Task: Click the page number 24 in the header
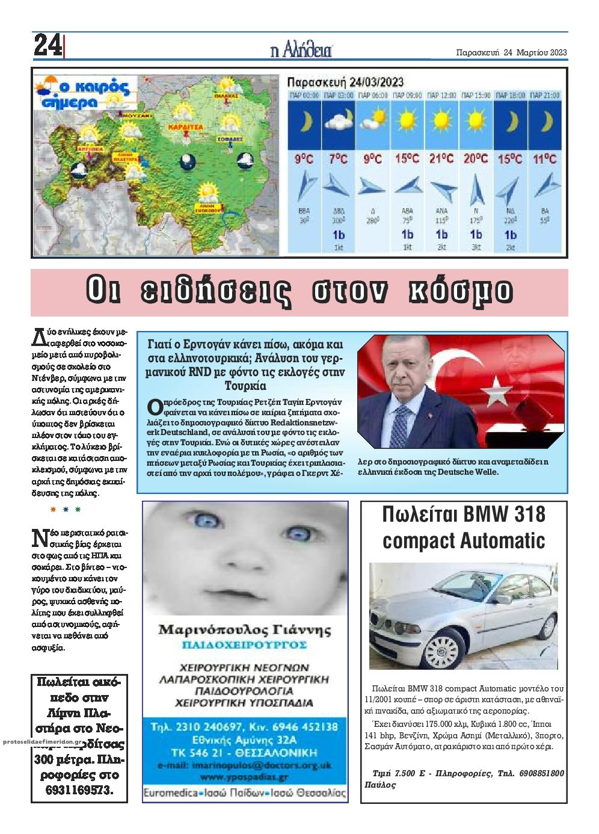[x=46, y=45]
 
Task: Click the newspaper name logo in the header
[x=301, y=51]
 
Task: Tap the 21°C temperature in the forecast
[x=441, y=159]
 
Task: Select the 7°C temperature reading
[x=338, y=159]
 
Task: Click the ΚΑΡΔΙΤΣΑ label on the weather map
[x=186, y=128]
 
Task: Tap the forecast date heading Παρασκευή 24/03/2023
[x=345, y=82]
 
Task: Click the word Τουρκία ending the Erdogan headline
[x=245, y=386]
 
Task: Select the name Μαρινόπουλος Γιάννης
[x=245, y=630]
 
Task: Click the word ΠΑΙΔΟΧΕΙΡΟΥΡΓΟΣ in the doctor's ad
[x=245, y=645]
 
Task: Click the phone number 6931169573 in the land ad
[x=79, y=789]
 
